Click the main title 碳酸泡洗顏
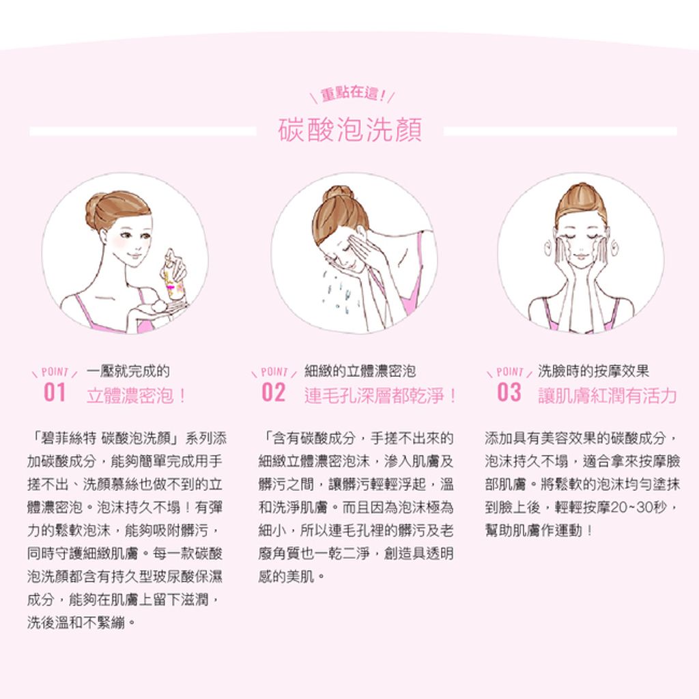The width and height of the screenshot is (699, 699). [350, 130]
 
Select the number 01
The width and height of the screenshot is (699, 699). [55, 393]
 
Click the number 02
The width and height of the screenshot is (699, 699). [273, 393]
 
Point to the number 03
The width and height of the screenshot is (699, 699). [509, 393]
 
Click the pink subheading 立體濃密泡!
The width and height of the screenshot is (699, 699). [136, 395]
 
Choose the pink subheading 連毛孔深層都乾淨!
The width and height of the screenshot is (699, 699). [380, 395]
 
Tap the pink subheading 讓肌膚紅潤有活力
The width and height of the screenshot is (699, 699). [608, 395]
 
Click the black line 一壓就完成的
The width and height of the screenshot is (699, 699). [128, 371]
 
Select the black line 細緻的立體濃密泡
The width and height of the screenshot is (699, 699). [360, 371]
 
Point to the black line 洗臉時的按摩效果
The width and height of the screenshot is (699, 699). [593, 371]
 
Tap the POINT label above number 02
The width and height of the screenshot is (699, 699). [274, 371]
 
